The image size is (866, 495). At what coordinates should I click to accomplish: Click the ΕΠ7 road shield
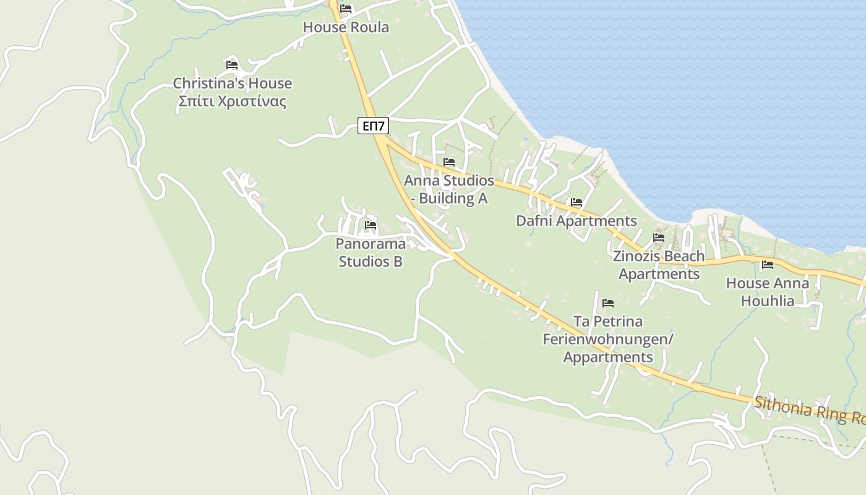374,126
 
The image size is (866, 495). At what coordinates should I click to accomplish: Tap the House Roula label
346,27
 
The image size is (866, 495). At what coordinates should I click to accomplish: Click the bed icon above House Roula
346,9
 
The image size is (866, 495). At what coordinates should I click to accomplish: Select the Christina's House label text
232,84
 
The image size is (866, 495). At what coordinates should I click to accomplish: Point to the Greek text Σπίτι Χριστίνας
232,101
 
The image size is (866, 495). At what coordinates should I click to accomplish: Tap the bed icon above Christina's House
232,64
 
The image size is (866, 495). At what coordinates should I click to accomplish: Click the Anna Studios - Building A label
449,189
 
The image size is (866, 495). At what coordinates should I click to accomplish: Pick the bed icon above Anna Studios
449,162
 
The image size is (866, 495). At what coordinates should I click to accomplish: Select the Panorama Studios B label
371,252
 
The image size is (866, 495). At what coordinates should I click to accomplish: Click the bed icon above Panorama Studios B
371,225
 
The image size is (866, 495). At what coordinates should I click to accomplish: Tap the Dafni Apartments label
577,221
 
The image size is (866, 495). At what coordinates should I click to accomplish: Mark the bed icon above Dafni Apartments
577,202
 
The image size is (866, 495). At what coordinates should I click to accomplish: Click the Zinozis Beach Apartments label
659,265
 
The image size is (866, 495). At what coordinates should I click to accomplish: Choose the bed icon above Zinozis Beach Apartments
659,238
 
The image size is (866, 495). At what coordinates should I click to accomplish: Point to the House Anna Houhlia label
768,292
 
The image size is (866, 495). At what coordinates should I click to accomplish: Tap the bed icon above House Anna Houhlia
768,265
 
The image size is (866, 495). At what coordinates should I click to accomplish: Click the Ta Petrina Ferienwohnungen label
608,330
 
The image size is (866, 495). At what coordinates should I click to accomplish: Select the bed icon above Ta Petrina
608,303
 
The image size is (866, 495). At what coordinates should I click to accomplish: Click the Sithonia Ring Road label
810,410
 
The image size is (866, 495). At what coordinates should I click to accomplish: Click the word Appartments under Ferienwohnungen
608,357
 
